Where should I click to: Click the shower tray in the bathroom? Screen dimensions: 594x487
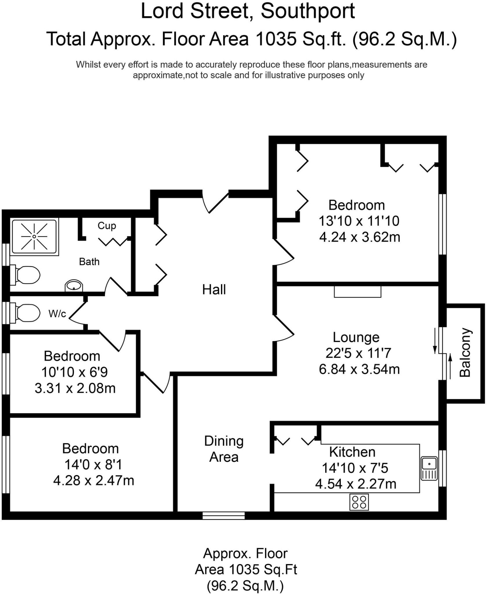point(34,236)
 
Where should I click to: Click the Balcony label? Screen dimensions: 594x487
point(465,352)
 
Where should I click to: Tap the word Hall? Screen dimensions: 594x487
point(214,290)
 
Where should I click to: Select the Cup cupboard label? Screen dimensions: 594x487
point(107,226)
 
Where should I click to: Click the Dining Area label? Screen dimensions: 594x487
point(224,449)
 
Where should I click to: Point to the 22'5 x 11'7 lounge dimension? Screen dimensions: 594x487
point(359,353)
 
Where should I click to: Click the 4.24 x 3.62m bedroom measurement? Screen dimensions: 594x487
point(360,237)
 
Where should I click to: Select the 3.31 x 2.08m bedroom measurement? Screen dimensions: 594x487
point(75,388)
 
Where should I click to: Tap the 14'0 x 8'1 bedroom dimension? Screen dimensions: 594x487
point(93,465)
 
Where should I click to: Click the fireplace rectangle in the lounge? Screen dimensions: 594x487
point(357,291)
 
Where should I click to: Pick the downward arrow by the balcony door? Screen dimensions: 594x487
point(435,341)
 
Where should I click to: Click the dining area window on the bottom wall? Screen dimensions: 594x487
point(224,515)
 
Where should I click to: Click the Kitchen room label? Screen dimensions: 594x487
point(352,452)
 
